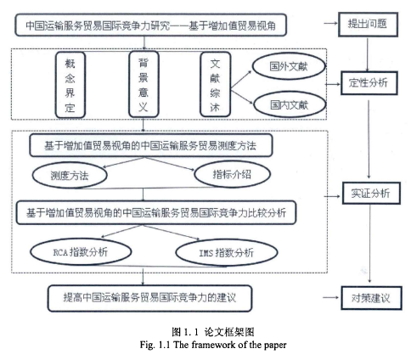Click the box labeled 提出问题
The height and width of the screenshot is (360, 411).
pos(368,25)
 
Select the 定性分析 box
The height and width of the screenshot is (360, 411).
pos(369,83)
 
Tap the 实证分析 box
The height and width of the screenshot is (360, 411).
pos(371,194)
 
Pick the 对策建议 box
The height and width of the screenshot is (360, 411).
pos(371,298)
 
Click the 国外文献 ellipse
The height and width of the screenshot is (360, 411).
pos(289,66)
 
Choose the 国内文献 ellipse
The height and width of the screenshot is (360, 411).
pos(290,105)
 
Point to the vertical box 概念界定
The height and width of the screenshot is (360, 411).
pos(70,85)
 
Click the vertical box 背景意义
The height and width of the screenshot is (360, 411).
pos(144,84)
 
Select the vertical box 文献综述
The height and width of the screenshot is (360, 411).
pos(216,85)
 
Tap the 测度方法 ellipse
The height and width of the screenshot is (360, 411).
pos(70,176)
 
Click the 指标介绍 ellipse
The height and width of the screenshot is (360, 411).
pos(232,174)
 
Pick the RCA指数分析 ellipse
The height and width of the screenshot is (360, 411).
pos(81,251)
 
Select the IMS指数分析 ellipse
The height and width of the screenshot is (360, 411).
pos(227,252)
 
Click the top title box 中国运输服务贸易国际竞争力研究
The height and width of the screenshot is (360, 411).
pos(150,25)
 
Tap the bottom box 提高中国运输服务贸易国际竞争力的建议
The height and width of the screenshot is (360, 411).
pos(149,298)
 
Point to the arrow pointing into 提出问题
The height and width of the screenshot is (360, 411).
pos(330,24)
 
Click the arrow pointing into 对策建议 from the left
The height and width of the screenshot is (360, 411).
pos(330,297)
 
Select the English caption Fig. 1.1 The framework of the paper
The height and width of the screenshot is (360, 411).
pos(213,345)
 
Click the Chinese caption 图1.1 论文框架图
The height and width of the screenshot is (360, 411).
pos(213,332)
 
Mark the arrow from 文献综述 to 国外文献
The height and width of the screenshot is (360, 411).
pos(241,81)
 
